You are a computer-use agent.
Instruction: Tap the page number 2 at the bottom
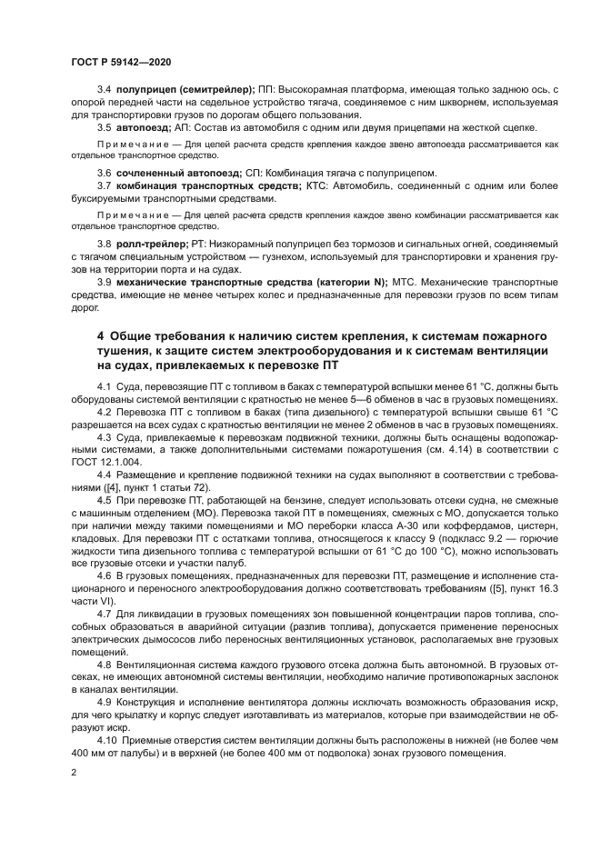[x=73, y=772]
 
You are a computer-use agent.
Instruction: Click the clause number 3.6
[x=105, y=173]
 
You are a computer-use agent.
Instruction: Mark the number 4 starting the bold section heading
[x=101, y=336]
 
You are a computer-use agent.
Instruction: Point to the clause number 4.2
[x=105, y=412]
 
